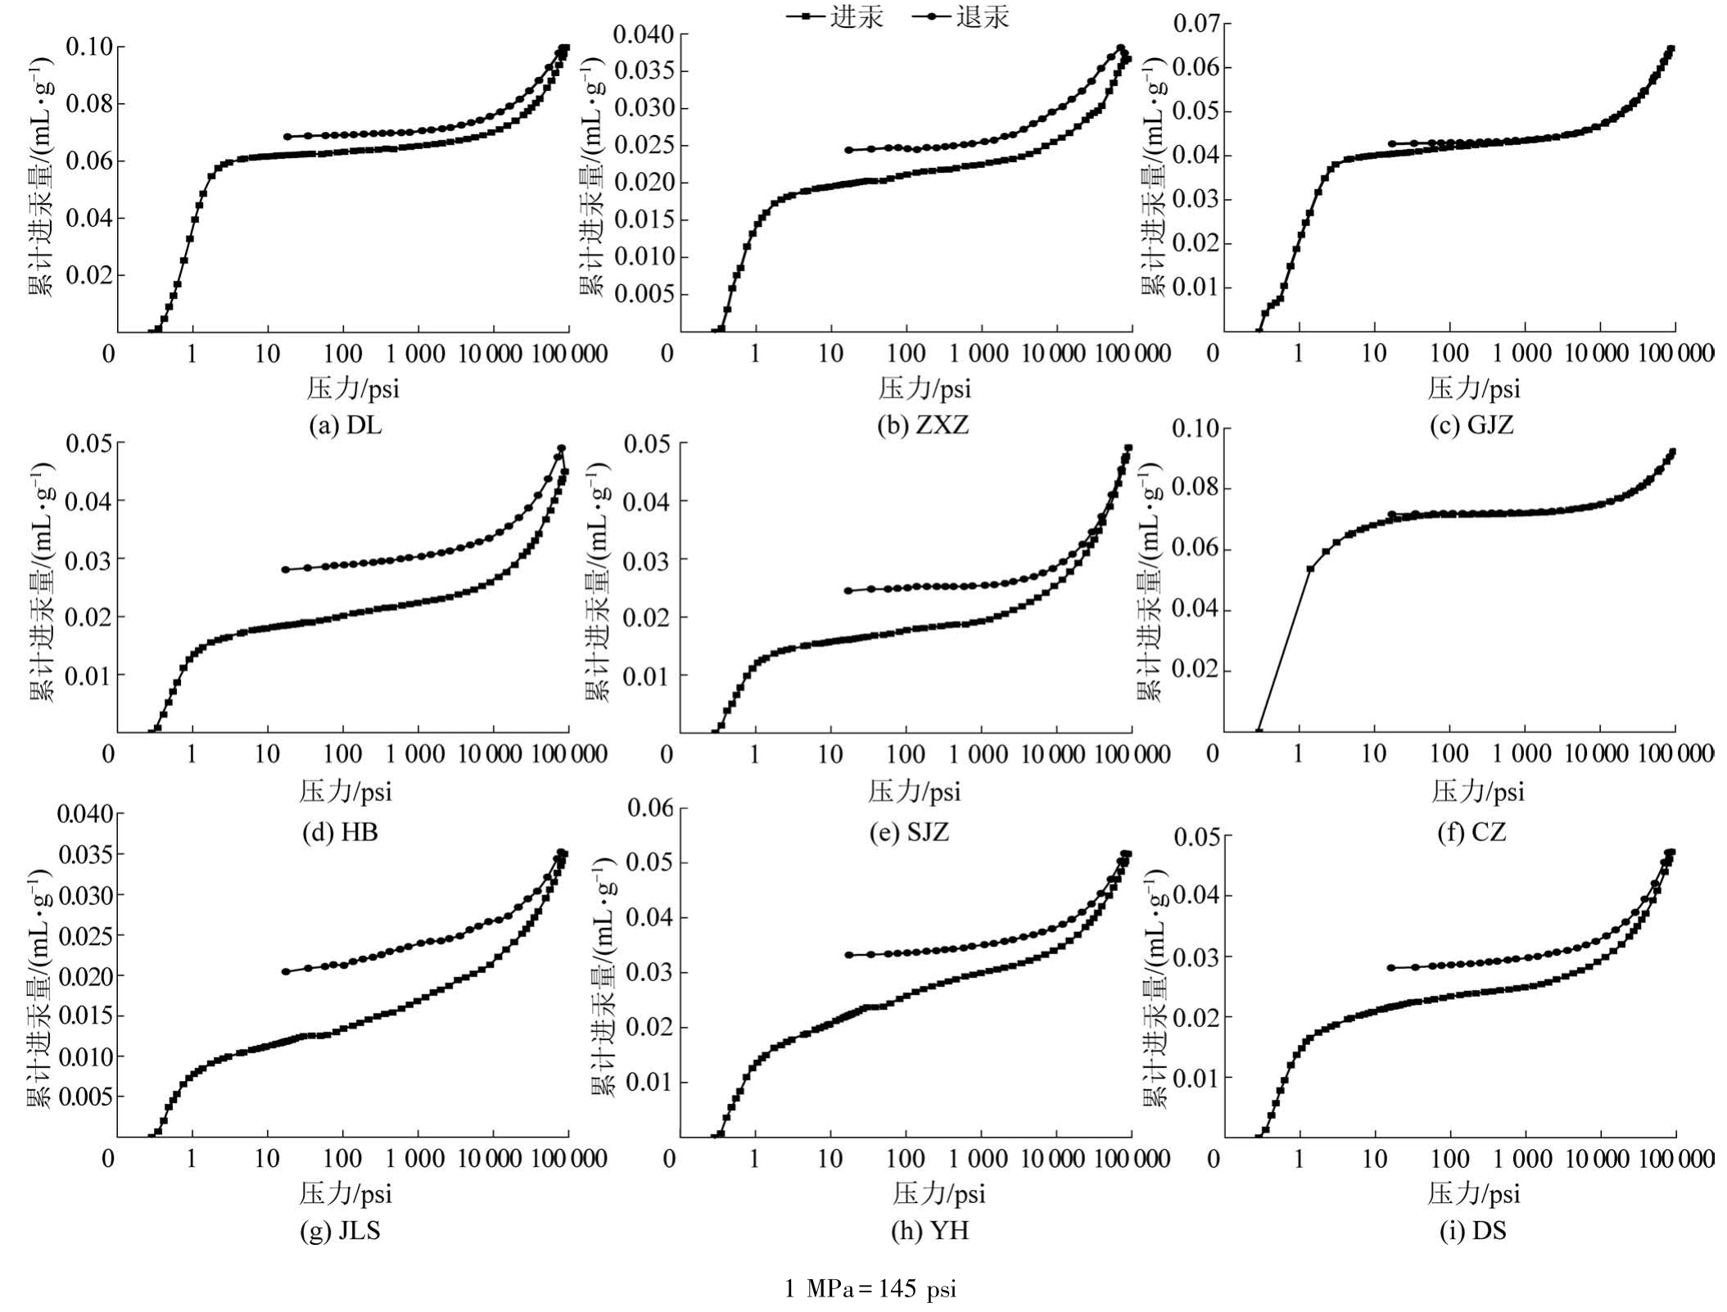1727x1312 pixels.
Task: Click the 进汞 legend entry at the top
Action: tap(836, 17)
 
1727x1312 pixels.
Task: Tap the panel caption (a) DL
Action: tap(345, 426)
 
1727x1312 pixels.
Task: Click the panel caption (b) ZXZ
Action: tap(922, 426)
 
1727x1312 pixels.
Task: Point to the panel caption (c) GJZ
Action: tap(1472, 426)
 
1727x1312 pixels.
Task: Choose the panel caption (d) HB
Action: tap(340, 833)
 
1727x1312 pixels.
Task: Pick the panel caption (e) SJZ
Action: tap(909, 833)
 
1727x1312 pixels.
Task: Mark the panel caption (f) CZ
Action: tap(1472, 833)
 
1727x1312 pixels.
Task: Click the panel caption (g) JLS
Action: tap(340, 1232)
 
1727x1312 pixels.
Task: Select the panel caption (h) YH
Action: tap(929, 1232)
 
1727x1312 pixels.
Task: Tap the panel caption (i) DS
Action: tap(1472, 1232)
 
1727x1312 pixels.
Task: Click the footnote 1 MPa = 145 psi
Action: tap(870, 1290)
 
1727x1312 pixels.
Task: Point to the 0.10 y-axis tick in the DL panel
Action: tap(88, 47)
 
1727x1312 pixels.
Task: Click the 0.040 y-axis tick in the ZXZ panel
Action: tap(644, 34)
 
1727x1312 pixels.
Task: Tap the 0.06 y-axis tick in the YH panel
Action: tap(650, 808)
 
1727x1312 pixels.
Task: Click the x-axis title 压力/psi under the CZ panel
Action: tap(1477, 791)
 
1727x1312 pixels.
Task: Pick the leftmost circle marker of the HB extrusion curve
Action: tap(286, 569)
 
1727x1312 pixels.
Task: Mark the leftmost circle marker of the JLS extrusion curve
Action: tap(286, 971)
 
